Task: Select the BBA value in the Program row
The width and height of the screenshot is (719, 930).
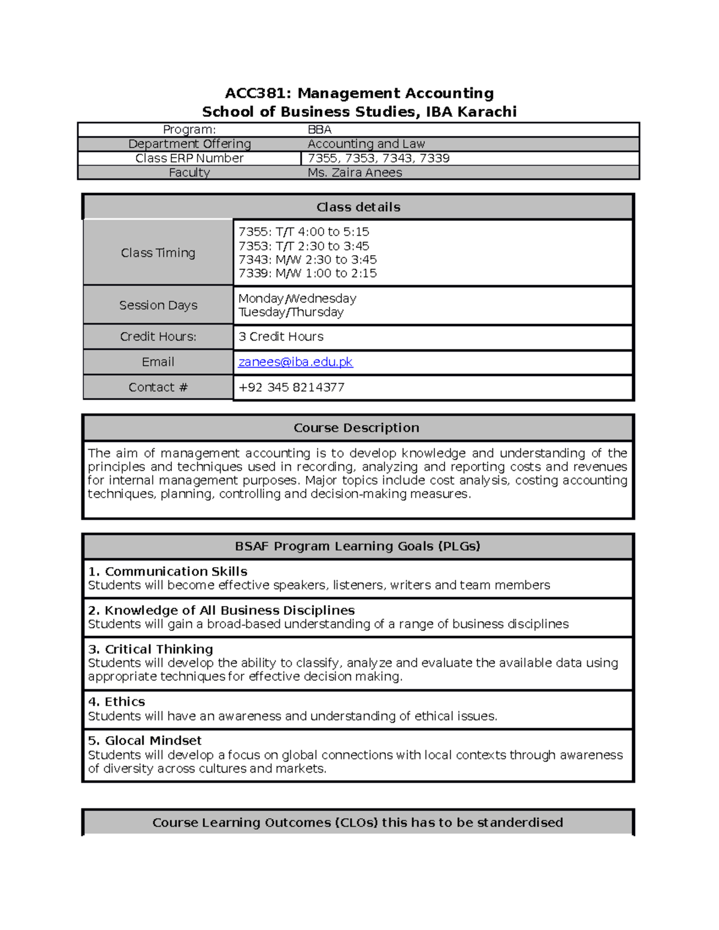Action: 319,129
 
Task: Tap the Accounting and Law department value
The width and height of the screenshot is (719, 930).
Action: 365,144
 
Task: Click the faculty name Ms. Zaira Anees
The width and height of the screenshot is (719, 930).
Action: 354,172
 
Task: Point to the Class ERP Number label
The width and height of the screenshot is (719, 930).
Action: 189,158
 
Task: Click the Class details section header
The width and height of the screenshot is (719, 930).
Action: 358,207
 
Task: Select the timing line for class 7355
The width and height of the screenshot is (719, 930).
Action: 303,232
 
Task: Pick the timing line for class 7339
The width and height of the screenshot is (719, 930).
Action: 307,273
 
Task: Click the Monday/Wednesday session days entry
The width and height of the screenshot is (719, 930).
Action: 297,298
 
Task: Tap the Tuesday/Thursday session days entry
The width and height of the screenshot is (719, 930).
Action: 291,312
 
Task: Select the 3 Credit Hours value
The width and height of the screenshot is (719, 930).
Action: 280,337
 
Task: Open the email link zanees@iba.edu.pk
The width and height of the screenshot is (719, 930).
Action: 295,362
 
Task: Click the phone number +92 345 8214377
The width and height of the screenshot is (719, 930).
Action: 291,387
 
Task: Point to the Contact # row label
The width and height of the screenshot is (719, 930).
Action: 158,387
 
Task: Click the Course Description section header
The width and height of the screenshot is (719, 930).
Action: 357,428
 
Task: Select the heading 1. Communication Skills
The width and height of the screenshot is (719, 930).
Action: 167,571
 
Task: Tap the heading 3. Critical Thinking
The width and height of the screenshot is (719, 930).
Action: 150,649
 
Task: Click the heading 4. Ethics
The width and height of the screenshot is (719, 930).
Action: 116,701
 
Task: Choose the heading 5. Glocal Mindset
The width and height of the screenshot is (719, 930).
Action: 144,740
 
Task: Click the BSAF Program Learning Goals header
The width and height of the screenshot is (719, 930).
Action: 358,546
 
